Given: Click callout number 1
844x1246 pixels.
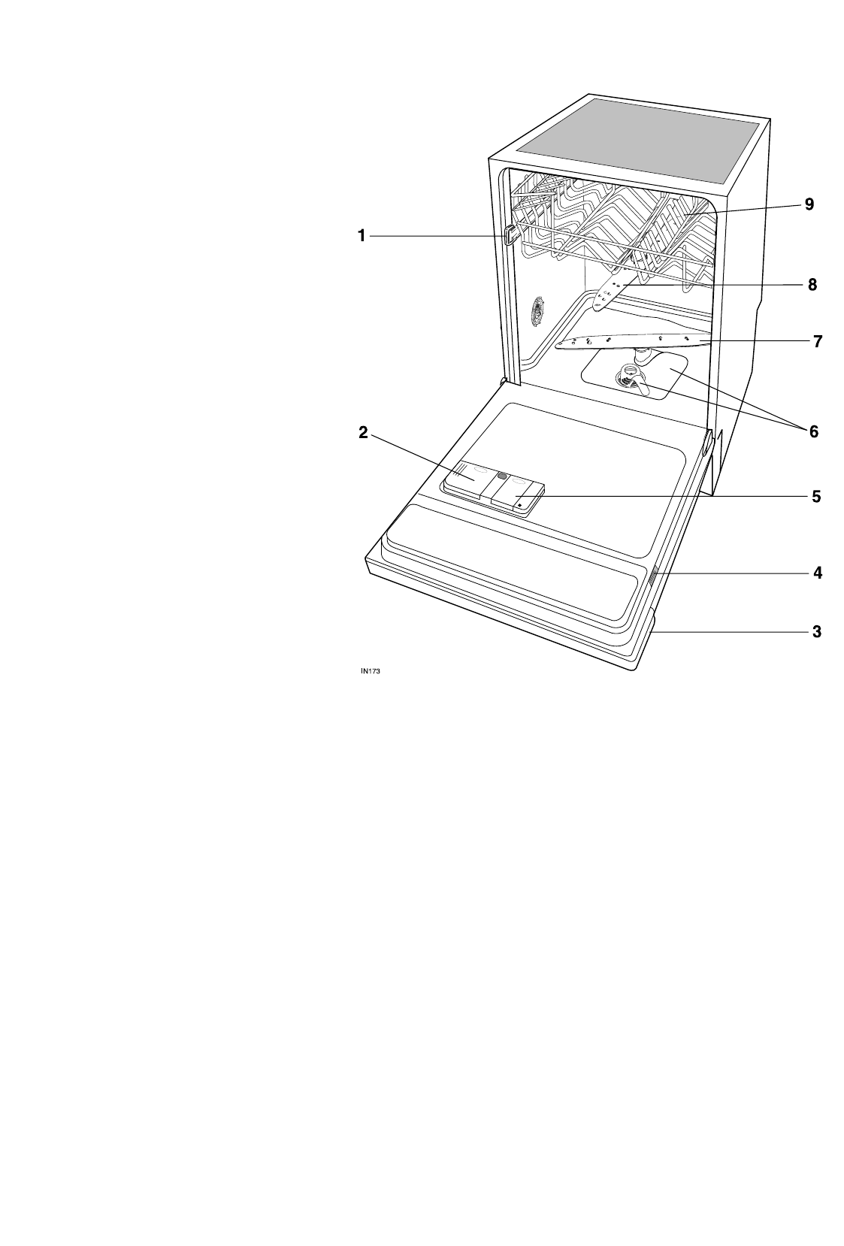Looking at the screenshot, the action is click(361, 237).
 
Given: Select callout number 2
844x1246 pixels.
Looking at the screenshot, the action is click(362, 432).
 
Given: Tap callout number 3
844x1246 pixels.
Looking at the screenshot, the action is click(816, 632).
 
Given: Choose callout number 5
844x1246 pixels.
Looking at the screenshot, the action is click(816, 497).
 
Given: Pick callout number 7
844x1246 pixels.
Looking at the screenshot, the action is click(817, 341).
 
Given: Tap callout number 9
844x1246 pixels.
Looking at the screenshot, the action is click(809, 204).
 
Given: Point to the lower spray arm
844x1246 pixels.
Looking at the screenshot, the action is click(631, 343).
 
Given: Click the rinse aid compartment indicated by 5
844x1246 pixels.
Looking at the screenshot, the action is click(519, 497).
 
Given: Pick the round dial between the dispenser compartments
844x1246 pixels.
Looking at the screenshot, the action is click(501, 476).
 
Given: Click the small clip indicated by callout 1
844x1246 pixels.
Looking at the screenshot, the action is click(511, 237).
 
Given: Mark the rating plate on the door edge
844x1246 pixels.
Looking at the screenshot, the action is click(653, 576).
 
